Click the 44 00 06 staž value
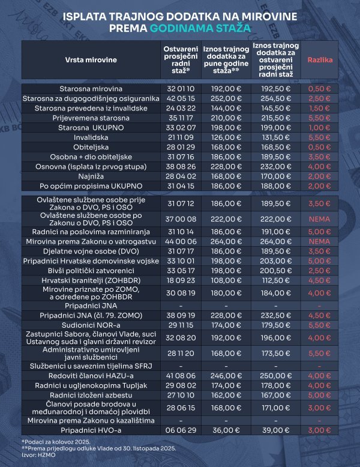pos(176,241)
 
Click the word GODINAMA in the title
pos(201,28)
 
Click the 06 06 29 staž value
pos(176,431)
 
